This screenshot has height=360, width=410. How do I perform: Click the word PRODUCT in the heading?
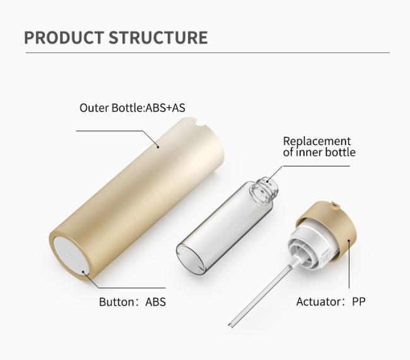pos(64,38)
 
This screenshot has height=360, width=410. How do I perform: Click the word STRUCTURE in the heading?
pos(158,38)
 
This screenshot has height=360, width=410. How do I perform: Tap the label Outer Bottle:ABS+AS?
pos(132,108)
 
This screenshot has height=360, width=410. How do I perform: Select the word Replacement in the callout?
pos(317,141)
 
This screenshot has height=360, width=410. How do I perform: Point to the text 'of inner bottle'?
pos(319,152)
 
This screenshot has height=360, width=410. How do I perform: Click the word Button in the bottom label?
pos(117,302)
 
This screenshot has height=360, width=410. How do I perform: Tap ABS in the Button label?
pos(156,302)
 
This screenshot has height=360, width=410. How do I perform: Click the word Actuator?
pos(319,302)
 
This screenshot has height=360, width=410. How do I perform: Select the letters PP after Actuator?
pos(359,302)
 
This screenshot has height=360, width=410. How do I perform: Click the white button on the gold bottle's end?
pos(70,256)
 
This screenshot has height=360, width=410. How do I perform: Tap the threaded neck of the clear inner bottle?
pos(265,190)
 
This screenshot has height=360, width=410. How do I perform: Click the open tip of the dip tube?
pos(230,325)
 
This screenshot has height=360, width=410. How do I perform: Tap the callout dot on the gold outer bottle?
pos(158,147)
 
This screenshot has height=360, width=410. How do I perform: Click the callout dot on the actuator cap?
pos(349,240)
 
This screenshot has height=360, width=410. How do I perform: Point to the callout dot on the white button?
pos(83,272)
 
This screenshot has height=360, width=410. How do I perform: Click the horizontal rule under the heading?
pos(208,52)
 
